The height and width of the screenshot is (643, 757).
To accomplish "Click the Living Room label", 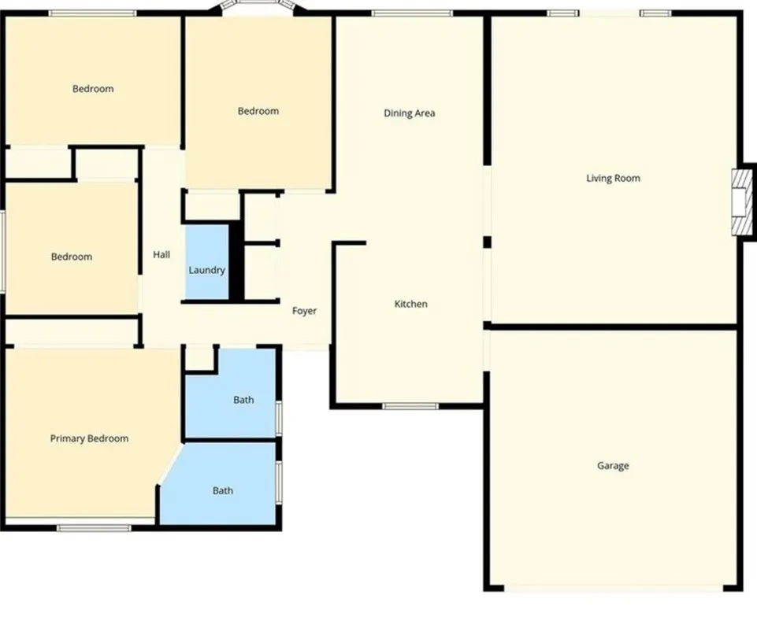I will tap(613, 179).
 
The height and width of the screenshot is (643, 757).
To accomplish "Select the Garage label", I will tap(613, 466).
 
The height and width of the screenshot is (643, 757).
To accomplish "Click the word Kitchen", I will tap(410, 304).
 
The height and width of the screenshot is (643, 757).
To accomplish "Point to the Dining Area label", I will tap(409, 113).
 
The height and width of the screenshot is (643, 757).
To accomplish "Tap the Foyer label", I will tap(304, 311).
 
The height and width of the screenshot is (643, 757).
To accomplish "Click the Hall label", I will tap(161, 254).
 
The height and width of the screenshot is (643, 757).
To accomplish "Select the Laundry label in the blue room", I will tap(206, 270).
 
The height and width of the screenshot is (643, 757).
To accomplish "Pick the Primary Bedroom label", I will tap(89, 438).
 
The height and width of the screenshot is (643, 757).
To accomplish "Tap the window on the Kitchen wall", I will tap(410, 406).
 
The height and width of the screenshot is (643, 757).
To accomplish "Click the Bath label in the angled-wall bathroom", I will tap(222, 491).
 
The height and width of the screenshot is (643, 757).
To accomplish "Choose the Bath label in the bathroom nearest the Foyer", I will tap(243, 400).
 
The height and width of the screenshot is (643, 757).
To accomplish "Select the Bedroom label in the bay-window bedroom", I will tap(258, 111).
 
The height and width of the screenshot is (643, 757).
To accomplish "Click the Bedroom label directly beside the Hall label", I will tap(71, 257).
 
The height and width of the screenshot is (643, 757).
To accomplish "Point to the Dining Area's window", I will tap(412, 13).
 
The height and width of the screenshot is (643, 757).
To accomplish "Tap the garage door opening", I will tap(614, 587).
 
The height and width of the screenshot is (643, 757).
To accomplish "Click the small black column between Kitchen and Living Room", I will tap(487, 242).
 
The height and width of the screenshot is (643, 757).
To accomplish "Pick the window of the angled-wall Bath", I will tap(279, 482).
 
